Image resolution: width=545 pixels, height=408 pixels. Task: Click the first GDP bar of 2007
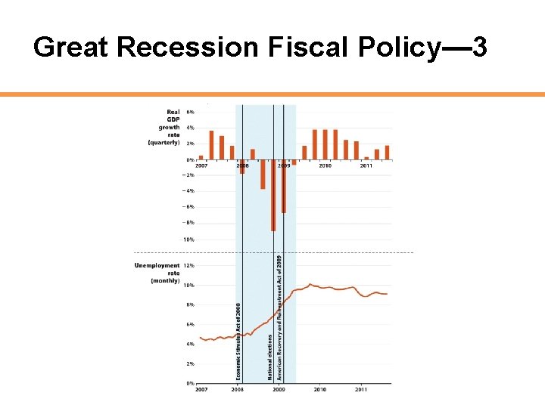[201, 157]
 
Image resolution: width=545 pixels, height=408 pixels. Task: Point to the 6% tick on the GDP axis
[190, 112]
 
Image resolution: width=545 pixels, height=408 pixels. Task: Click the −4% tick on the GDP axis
[189, 190]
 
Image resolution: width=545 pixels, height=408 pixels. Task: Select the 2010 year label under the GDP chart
[324, 165]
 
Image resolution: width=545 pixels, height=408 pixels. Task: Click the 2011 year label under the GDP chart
[366, 165]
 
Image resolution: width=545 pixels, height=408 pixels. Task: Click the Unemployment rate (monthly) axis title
[157, 273]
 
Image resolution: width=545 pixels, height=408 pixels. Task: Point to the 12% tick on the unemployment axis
[190, 266]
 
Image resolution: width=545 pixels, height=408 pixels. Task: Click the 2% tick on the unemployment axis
[191, 363]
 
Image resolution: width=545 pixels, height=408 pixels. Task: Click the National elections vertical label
[269, 357]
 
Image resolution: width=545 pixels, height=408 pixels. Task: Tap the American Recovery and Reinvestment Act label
[279, 317]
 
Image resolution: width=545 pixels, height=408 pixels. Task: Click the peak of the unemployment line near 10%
[310, 285]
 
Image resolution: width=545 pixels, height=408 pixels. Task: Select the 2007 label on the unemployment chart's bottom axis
[201, 390]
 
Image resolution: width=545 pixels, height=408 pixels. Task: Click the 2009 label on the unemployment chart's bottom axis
[279, 390]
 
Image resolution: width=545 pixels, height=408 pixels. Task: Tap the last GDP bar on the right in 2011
[387, 152]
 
